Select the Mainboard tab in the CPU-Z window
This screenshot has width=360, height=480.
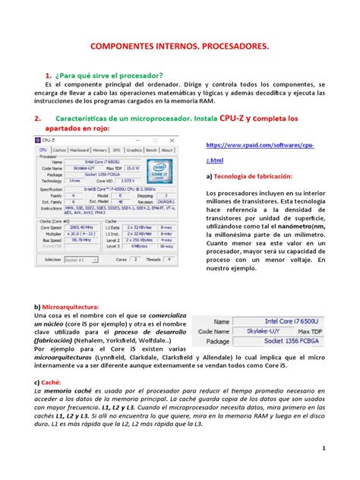tap(80, 150)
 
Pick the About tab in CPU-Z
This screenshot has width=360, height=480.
tap(168, 150)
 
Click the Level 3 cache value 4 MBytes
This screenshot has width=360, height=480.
tap(138, 246)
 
